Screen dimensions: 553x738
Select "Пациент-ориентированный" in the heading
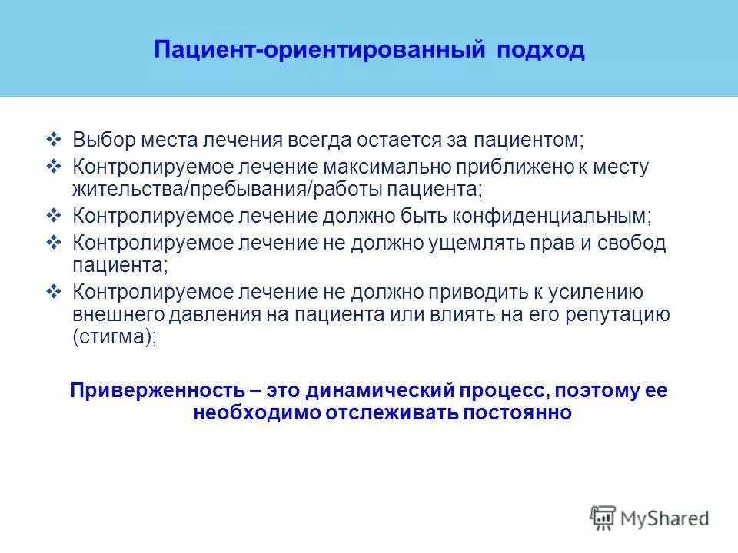coord(318,51)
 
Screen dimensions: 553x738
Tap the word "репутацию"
coord(608,314)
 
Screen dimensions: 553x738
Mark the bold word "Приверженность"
coord(154,390)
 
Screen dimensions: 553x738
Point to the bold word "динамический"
coord(382,390)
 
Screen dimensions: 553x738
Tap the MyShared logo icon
coord(603,517)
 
